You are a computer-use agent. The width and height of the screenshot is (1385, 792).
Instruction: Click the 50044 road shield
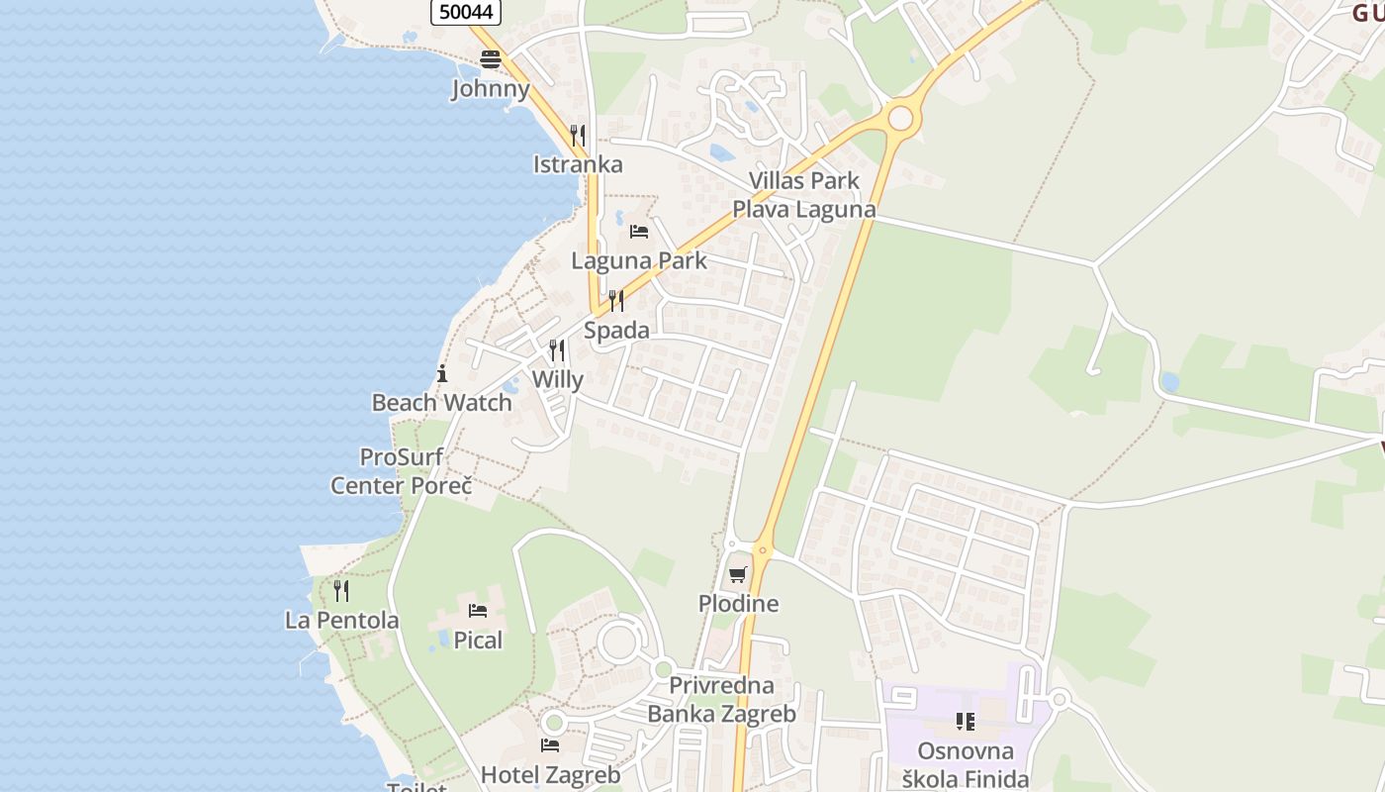coord(466,11)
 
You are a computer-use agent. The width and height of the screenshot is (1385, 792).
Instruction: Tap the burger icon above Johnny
coord(491,59)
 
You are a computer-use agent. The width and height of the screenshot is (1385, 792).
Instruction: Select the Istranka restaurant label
coord(578,164)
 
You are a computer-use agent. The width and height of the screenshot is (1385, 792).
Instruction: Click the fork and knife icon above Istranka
coord(578,135)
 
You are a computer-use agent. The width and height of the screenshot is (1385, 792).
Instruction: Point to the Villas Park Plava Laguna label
coord(803,195)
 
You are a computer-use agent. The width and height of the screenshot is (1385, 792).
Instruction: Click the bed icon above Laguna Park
coord(639,232)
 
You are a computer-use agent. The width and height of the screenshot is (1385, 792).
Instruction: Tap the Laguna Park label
coord(639,260)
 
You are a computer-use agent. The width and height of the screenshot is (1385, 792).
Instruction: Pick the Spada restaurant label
coord(616,330)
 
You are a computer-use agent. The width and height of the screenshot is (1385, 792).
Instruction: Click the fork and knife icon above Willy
coord(557,350)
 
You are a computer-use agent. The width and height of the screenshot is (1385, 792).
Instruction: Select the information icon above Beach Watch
coord(441,373)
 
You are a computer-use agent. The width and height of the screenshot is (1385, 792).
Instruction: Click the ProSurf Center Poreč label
coord(401,471)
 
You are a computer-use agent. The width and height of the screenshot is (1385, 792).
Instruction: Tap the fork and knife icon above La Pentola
coord(341,591)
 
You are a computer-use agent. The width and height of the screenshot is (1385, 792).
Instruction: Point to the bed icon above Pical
coord(478,611)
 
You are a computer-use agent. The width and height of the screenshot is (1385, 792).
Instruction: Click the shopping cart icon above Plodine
coord(738,574)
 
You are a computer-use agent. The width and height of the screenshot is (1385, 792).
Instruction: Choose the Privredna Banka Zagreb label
coord(721,699)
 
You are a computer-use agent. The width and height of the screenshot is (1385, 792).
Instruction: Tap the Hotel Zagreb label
coord(550,774)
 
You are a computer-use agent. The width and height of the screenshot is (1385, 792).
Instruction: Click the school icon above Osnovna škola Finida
coord(965,722)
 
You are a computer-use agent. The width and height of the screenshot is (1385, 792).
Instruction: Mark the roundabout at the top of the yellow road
coord(900,119)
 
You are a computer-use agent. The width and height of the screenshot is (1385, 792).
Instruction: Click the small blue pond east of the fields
coord(1169,381)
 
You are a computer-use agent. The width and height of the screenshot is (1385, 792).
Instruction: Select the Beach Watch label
coord(441,402)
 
